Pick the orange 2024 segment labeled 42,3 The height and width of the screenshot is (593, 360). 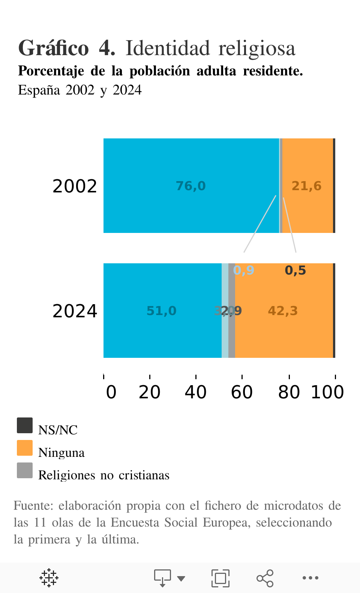coord(283,330)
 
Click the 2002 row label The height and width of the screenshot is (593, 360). coord(75,186)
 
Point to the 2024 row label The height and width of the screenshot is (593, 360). coord(75,311)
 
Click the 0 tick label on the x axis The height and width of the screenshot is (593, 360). coord(111,392)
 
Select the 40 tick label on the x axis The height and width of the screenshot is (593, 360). coord(196,392)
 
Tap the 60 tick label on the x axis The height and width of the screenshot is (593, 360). coord(242,392)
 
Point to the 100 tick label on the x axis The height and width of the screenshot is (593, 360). coord(327,392)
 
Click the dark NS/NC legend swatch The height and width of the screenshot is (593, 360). coord(25,425)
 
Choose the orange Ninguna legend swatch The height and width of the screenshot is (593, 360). coord(25,448)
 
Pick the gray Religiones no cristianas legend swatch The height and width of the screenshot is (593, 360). coord(25,470)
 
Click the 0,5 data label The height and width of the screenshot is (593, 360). coord(295,270)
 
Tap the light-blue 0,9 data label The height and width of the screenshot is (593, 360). coord(244,270)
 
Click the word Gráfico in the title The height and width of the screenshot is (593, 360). coord(54,48)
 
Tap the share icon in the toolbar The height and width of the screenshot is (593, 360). coord(265,578)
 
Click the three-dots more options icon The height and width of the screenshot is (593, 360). coord(310,578)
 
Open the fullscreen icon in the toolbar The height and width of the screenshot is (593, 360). coord(220,578)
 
